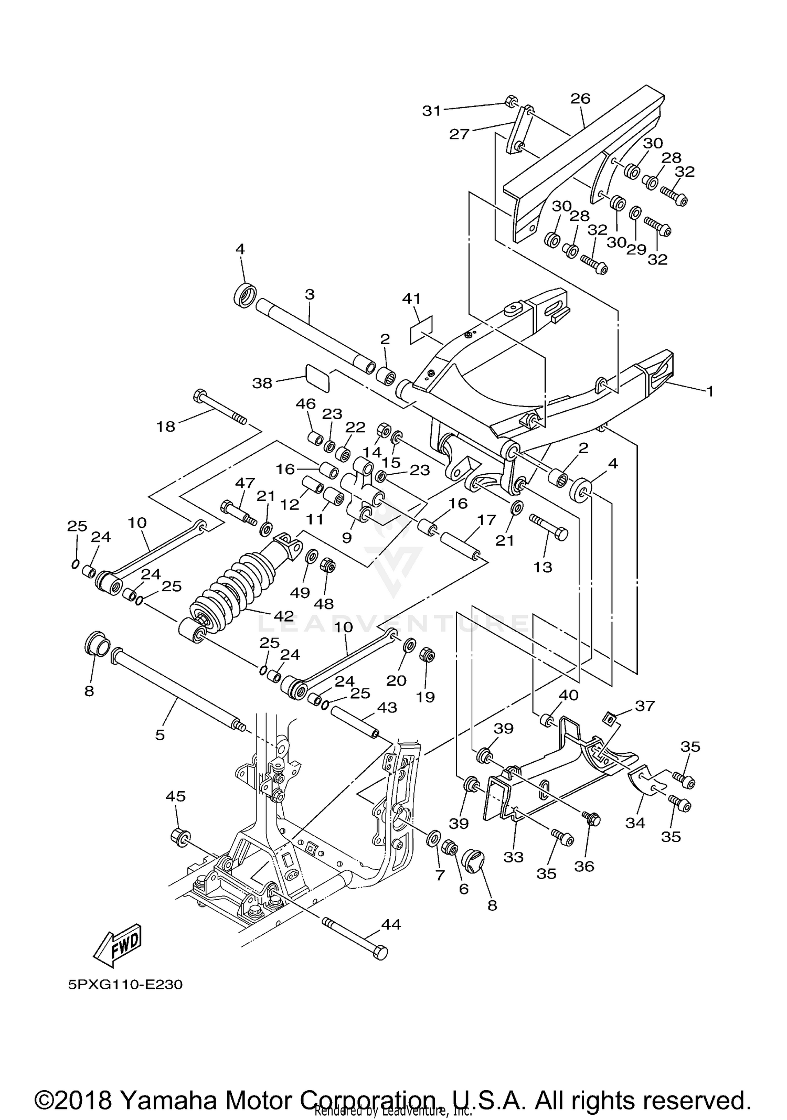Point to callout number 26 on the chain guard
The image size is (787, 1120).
tap(581, 99)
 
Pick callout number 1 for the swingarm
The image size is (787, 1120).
tap(709, 391)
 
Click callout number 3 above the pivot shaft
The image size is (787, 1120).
tap(310, 295)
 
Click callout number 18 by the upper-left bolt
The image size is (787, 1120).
tap(166, 426)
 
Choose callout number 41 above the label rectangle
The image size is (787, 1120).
tap(411, 299)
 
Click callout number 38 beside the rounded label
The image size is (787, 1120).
tap(262, 383)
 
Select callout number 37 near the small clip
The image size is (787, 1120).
tap(645, 706)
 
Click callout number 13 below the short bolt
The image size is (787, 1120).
tap(543, 567)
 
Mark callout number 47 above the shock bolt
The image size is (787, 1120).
tap(245, 483)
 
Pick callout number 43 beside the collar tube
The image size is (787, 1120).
tap(387, 708)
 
